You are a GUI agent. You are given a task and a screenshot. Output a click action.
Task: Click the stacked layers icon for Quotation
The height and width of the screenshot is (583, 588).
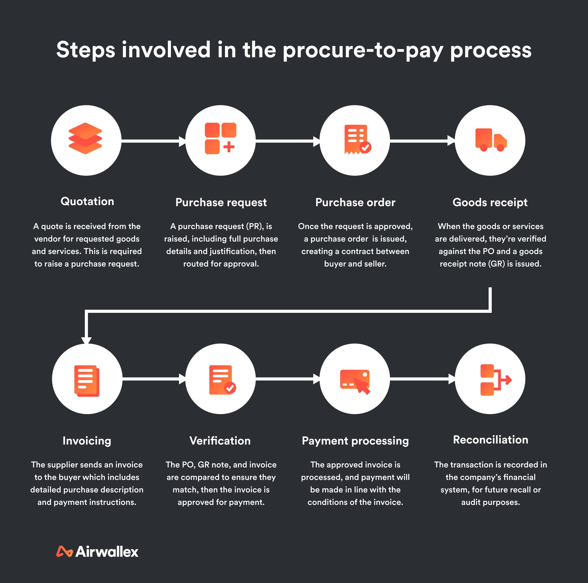(85, 138)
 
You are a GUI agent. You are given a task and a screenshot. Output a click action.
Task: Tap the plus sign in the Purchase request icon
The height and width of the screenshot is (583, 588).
(229, 147)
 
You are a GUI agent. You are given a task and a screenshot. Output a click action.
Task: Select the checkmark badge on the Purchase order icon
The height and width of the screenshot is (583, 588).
(365, 148)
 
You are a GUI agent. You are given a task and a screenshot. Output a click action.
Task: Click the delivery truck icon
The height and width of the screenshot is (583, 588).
(491, 140)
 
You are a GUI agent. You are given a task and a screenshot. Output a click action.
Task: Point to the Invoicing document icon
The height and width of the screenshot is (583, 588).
(87, 381)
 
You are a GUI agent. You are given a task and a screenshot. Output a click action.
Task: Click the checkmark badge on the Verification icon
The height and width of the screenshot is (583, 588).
(230, 388)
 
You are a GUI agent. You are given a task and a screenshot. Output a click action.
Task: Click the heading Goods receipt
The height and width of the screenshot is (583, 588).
(490, 202)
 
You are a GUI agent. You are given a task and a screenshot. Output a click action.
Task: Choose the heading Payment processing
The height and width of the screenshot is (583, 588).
(355, 441)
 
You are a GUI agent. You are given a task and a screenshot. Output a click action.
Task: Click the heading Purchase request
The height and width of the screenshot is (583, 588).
(221, 202)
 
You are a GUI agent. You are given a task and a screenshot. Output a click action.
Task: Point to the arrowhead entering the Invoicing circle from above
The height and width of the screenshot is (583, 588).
(86, 340)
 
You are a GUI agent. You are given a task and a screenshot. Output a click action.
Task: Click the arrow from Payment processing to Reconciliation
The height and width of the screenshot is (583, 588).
(422, 379)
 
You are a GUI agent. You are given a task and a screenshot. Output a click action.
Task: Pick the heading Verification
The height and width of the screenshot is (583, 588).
(220, 441)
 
